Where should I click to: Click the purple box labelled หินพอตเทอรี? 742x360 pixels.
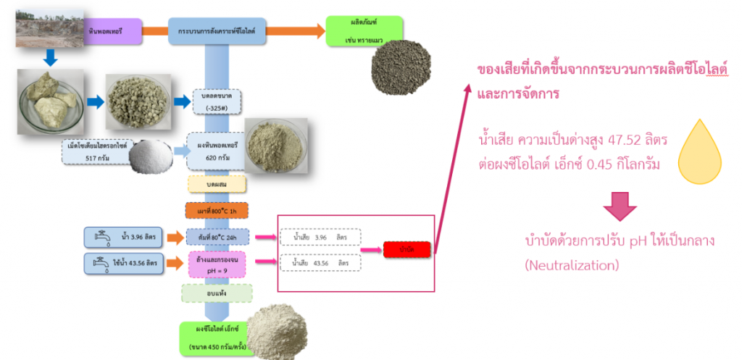point(109,31)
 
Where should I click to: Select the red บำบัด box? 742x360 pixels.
point(407,249)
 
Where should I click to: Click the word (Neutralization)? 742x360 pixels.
point(572,266)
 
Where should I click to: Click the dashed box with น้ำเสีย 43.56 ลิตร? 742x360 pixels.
point(320,264)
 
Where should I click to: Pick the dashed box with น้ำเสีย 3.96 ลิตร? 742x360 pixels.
point(320,237)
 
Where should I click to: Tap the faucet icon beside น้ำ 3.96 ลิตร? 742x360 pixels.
point(100,237)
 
